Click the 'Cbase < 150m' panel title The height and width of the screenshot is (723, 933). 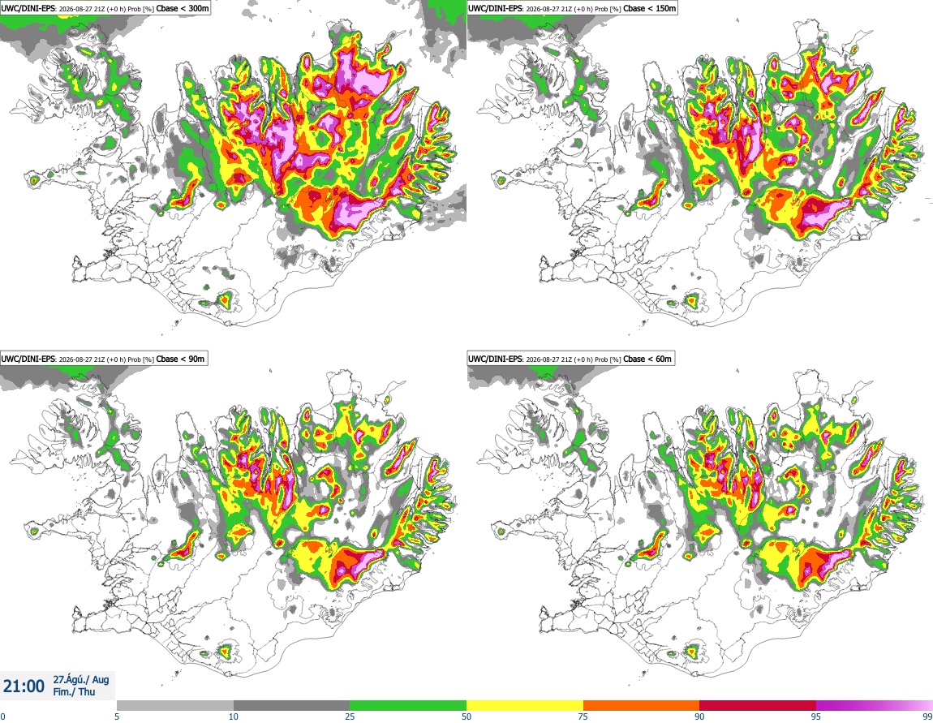[x=649, y=8]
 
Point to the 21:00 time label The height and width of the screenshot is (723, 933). [x=24, y=686]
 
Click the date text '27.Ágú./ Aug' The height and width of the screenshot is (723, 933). [x=81, y=679]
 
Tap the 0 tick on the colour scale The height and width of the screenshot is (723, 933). [x=3, y=717]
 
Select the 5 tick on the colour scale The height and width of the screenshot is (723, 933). [x=117, y=717]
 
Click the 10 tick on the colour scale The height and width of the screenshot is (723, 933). [x=234, y=717]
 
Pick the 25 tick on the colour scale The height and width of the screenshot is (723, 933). [x=350, y=717]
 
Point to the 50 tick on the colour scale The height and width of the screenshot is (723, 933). [x=466, y=717]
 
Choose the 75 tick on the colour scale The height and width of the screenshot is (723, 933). [x=583, y=717]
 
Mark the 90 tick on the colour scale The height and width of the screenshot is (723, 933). [x=699, y=717]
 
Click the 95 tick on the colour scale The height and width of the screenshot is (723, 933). [x=816, y=717]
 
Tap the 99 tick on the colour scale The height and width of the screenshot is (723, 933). [x=927, y=717]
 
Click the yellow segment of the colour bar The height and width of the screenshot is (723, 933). [x=525, y=705]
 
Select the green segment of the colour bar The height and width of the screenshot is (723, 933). [x=408, y=705]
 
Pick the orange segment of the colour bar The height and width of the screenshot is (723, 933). [x=642, y=705]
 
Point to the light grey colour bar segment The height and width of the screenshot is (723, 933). [x=175, y=705]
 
